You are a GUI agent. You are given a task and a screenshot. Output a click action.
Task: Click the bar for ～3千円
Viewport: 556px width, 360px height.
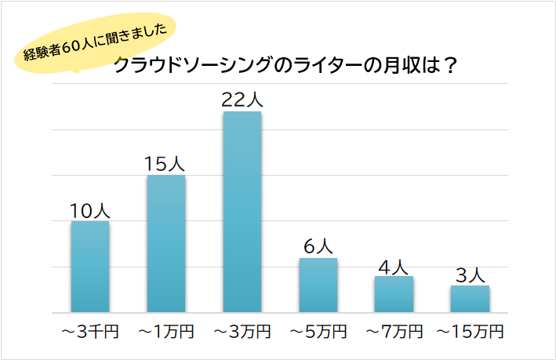click(90, 267)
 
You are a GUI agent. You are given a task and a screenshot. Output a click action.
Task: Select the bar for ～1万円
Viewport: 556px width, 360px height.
click(166, 244)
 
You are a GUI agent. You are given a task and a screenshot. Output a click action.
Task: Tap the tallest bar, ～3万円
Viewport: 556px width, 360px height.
click(242, 212)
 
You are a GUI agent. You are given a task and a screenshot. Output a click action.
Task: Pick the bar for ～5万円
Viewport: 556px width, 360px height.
click(318, 285)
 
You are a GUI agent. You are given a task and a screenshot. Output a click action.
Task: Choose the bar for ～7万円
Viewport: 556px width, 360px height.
click(394, 294)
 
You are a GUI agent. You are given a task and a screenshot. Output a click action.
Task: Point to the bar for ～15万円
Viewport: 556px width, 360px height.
click(470, 299)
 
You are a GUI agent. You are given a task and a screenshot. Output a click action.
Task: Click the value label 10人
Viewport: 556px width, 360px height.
click(90, 210)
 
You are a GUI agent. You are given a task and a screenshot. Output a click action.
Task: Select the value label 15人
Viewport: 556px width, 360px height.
click(165, 164)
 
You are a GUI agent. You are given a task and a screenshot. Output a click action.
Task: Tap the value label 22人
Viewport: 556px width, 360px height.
click(242, 100)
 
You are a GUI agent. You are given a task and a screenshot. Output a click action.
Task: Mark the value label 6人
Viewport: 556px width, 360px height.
click(318, 246)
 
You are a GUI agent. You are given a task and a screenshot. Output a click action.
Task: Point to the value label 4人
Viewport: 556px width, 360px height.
click(394, 266)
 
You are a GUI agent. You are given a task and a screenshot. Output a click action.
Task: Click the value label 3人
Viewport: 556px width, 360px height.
click(470, 275)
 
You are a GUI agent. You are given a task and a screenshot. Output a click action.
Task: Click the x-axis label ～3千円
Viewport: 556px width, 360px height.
click(90, 332)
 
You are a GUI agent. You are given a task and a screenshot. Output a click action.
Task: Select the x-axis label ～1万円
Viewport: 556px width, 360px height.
click(166, 332)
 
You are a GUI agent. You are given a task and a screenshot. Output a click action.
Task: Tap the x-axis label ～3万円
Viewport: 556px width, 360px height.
click(242, 332)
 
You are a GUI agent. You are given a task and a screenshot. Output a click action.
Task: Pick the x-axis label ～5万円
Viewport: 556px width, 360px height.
click(318, 332)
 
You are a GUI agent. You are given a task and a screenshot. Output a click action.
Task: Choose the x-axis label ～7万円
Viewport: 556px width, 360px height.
click(394, 332)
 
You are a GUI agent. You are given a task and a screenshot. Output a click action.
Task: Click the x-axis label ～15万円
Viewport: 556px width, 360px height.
click(470, 332)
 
